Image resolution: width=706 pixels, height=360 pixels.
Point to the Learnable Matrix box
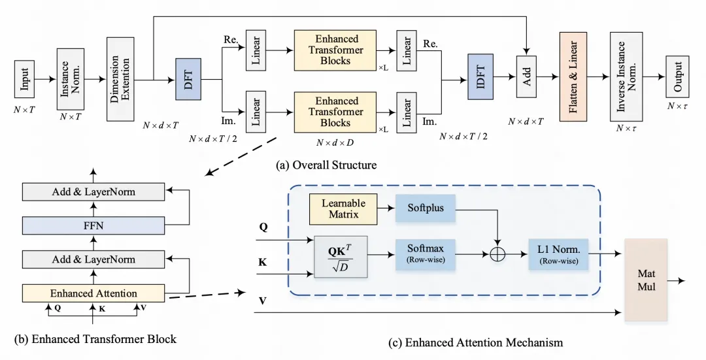(x=343, y=208)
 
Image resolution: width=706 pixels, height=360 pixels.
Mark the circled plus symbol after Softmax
(x=498, y=254)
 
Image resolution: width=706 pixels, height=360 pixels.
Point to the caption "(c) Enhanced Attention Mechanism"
(x=483, y=342)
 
